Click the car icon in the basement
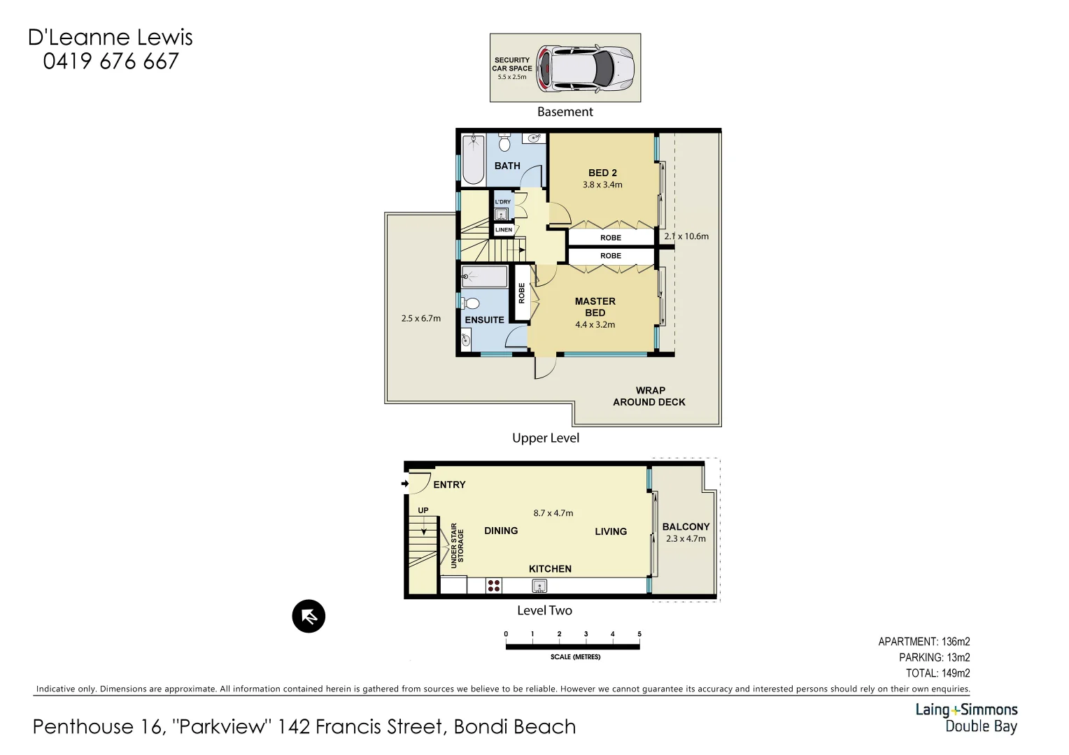[585, 69]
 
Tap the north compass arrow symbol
[309, 617]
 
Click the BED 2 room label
[602, 173]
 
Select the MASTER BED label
[595, 307]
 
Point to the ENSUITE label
[484, 320]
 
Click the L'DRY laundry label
[503, 202]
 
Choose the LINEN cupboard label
[503, 229]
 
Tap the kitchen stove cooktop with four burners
[494, 586]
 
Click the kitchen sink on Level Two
[538, 586]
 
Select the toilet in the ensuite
[471, 304]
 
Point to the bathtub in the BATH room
[473, 160]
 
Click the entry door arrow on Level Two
[405, 484]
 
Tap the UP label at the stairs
[423, 511]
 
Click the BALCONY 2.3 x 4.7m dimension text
[686, 539]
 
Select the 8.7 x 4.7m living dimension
[553, 513]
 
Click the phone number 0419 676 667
[111, 62]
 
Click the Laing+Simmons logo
[966, 717]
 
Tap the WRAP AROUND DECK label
[649, 396]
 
